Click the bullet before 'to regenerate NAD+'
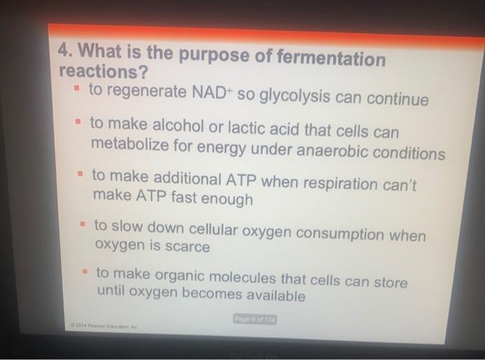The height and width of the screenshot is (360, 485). pyautogui.click(x=76, y=90)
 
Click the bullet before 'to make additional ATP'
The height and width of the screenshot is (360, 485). pyautogui.click(x=80, y=176)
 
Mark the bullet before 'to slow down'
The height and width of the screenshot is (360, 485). pyautogui.click(x=82, y=226)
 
